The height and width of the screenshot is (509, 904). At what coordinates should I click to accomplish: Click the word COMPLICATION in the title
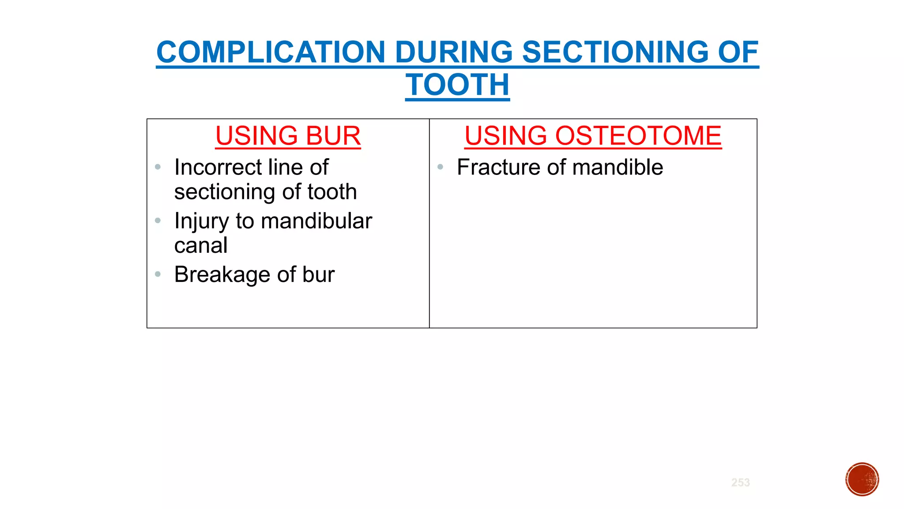coord(271,52)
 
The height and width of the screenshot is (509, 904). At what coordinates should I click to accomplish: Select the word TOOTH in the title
coord(457,85)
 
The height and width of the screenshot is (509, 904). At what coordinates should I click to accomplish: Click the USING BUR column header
coord(288,136)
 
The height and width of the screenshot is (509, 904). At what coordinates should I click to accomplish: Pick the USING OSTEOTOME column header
coord(593,136)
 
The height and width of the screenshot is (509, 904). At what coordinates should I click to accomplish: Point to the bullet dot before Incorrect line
coord(158,167)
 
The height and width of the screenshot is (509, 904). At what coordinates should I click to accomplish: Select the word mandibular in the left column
coord(316,221)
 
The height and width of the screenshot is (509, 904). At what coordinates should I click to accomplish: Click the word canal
coord(201,246)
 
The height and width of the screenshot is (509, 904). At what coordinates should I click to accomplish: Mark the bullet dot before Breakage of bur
coord(158,274)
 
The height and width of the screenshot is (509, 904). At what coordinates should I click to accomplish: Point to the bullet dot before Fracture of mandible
coord(440,167)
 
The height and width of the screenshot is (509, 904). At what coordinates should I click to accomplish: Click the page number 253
coord(740,482)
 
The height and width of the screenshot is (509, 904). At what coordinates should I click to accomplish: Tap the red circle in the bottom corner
coord(862,479)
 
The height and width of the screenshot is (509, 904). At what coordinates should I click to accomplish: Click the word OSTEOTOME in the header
coord(638,136)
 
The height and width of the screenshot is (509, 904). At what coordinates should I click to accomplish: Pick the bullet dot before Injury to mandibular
coord(158,220)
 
